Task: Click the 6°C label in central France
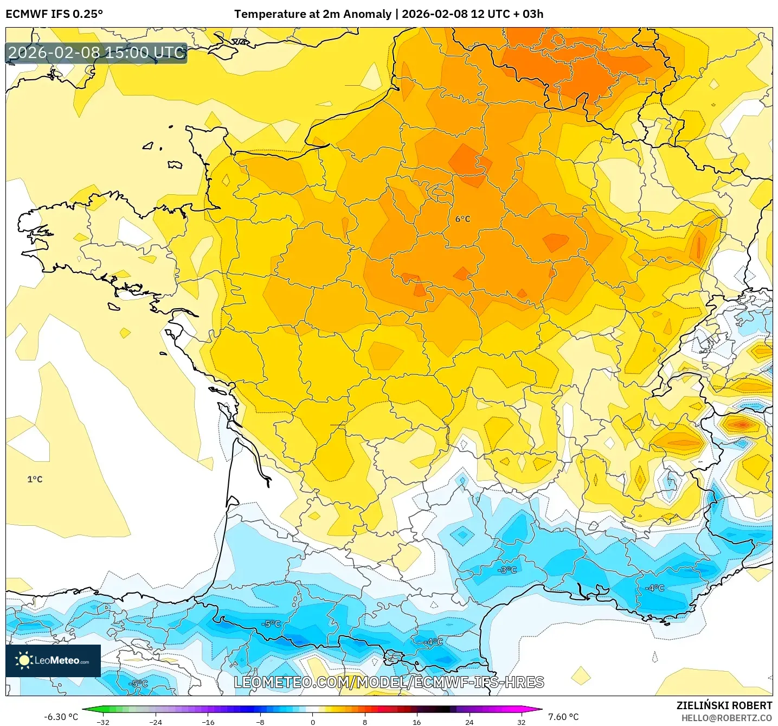462,219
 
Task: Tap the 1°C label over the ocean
35,479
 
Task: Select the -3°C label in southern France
507,570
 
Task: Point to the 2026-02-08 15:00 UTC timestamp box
97,53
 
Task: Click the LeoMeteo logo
53,660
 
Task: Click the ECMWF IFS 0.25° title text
54,14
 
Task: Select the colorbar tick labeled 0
313,722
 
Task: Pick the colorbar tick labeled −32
103,722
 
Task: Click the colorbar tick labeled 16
416,722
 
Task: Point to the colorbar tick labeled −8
260,722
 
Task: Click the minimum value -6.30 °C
61,717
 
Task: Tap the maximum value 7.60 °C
563,717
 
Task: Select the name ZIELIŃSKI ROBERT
724,705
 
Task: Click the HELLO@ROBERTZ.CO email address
726,718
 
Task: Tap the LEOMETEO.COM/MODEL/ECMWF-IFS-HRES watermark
389,682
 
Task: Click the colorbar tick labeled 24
469,722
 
